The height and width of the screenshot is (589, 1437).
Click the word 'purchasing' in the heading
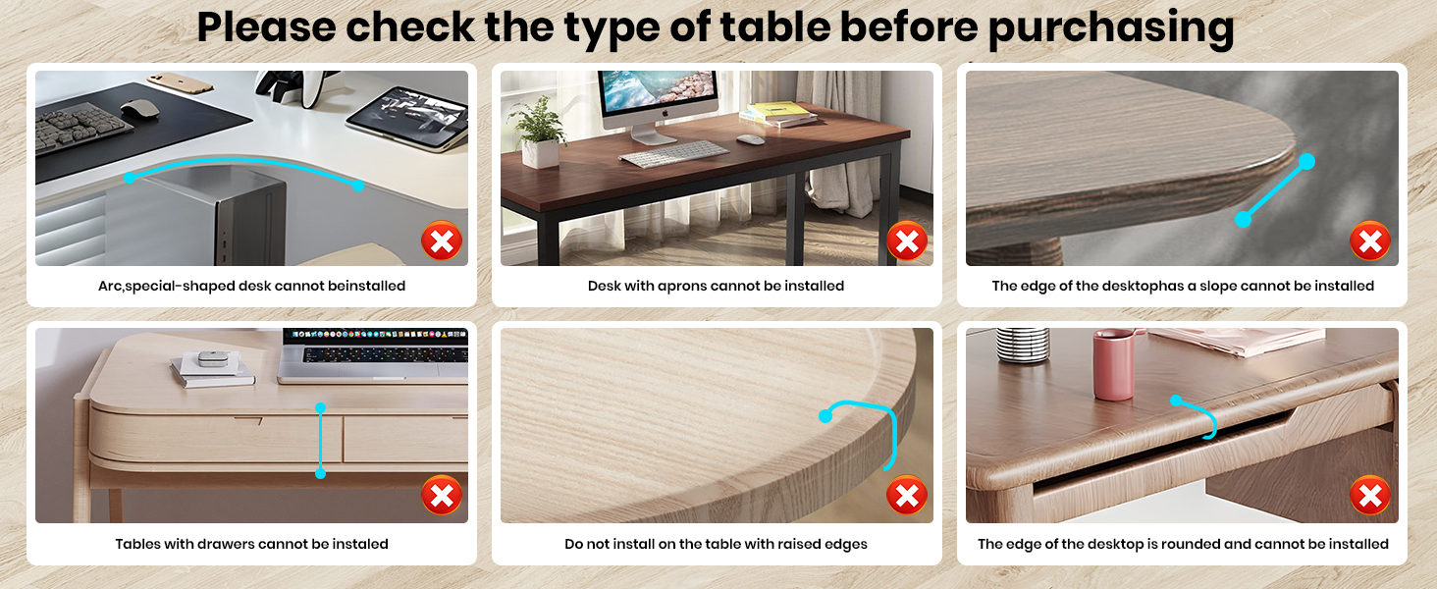(1110, 27)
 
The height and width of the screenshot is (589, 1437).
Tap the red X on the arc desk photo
(442, 241)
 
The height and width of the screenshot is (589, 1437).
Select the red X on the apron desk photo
(907, 241)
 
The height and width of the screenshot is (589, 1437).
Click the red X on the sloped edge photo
(1370, 241)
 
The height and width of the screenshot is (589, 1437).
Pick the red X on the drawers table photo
(442, 497)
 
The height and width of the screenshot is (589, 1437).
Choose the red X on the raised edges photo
(907, 497)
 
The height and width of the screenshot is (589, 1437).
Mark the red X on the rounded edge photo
(1370, 497)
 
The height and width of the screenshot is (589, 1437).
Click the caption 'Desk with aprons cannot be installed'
(716, 286)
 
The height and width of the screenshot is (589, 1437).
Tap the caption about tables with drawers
(251, 544)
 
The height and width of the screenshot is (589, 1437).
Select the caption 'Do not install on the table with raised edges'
(716, 544)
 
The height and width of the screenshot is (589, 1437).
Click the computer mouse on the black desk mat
(139, 109)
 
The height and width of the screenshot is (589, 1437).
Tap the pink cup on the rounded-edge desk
(1113, 364)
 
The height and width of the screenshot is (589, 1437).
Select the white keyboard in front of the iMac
(673, 154)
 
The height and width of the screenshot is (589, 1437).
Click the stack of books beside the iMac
(777, 114)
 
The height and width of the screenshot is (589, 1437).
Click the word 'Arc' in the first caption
(110, 286)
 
